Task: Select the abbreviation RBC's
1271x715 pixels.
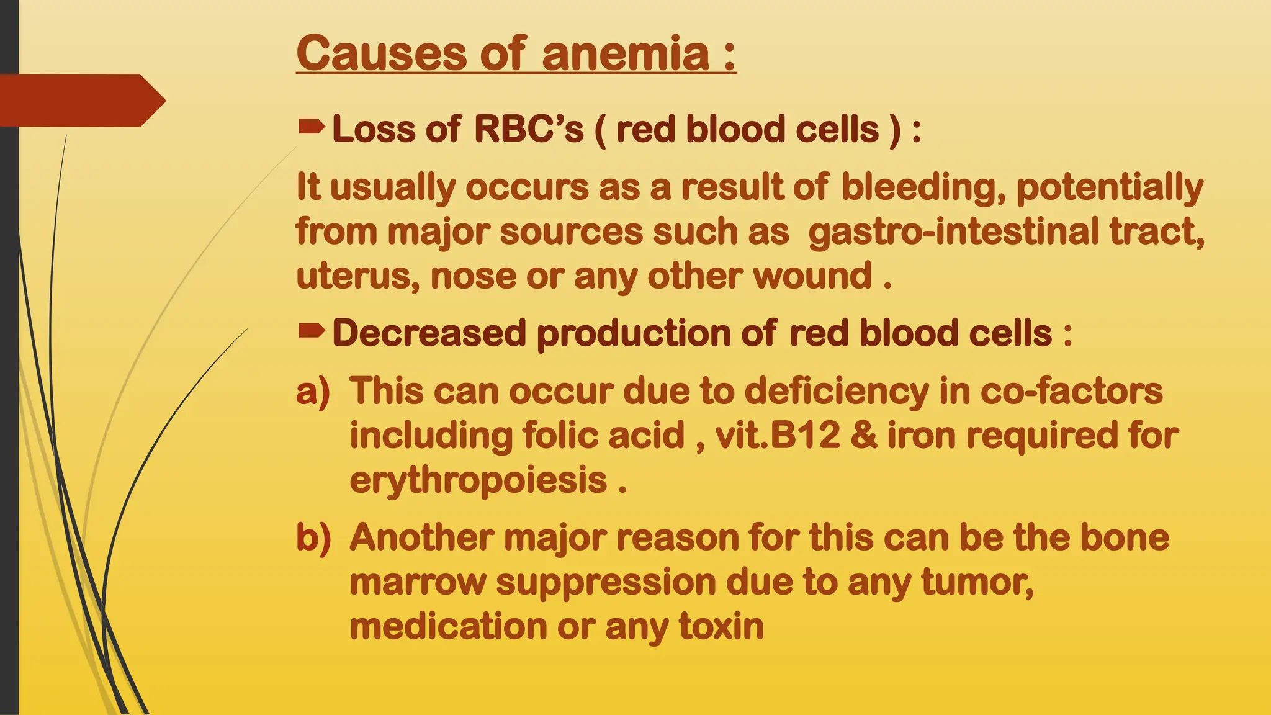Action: point(529,129)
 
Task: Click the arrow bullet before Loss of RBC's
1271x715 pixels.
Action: point(311,128)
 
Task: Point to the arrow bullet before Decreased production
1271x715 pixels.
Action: point(311,332)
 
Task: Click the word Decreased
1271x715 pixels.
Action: point(429,333)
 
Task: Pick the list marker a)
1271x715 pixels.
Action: point(313,392)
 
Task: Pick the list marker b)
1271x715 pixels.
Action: point(313,537)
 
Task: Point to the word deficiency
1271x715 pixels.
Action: point(836,392)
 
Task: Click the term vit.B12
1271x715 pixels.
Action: point(777,435)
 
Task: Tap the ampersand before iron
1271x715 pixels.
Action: point(864,435)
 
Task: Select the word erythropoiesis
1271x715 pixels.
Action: point(478,480)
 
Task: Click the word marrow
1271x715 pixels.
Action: point(417,582)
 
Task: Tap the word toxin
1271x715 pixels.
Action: point(721,626)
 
